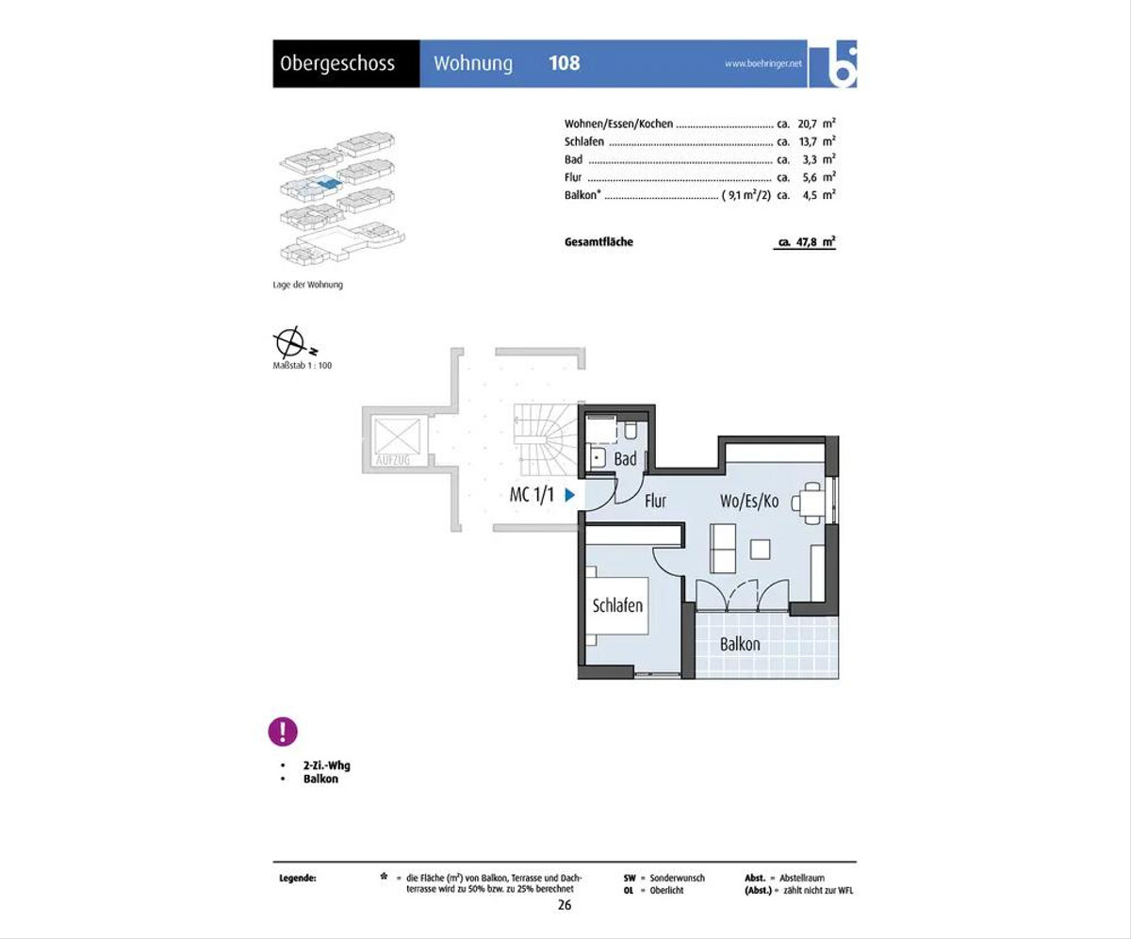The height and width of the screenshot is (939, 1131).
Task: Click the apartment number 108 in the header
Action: point(564,63)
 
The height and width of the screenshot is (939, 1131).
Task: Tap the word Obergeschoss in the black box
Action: point(337,64)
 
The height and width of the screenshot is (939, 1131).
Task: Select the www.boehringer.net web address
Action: point(763,63)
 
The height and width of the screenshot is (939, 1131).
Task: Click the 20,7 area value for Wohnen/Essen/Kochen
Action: point(807,124)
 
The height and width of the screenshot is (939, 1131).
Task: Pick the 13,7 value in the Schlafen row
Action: point(808,142)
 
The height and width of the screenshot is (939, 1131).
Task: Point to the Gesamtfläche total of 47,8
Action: point(807,242)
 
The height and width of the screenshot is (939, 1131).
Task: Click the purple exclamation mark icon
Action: point(283,732)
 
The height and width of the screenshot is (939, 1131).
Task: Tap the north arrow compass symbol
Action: point(291,342)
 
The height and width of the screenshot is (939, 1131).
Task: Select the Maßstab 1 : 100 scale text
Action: point(303,366)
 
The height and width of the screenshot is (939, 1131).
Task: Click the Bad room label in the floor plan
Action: point(625,459)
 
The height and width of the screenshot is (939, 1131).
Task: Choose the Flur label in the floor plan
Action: point(655,501)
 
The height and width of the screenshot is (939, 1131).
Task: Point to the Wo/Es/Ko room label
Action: point(749,501)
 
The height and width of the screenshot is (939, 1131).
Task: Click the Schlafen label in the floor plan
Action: point(617,605)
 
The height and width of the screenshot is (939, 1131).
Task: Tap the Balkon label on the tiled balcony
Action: point(740,644)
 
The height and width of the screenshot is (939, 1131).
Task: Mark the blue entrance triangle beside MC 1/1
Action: point(569,495)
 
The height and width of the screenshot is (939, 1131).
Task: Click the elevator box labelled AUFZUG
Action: point(397,439)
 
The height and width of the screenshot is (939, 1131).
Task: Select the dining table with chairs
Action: point(810,503)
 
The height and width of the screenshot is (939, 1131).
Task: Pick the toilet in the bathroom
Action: point(631,430)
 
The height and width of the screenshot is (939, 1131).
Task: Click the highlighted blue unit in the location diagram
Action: point(329,183)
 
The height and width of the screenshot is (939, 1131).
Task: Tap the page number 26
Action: point(565,905)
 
